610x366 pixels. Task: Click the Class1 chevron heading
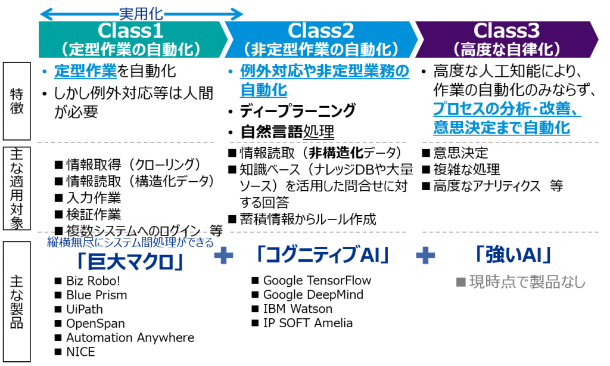pos(132,39)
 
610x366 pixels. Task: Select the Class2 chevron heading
pos(321,39)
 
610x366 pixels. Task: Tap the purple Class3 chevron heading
pos(506,39)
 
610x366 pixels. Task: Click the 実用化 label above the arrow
pos(141,14)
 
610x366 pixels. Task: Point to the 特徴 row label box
pos(17,101)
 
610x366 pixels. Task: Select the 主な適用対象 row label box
pos(17,188)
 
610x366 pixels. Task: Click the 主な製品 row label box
pos(17,302)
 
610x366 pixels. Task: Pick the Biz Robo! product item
pos(93,281)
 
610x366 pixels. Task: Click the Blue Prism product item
pos(97,295)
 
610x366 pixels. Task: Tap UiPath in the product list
pos(85,309)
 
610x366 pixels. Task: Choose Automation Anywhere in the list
pos(130,337)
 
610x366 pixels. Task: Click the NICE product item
pos(80,352)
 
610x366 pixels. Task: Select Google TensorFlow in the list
pos(317,280)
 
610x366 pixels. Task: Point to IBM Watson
pos(298,309)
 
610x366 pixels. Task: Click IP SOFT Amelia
pos(308,322)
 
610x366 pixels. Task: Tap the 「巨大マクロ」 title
pos(130,262)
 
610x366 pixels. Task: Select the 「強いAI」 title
pos(513,255)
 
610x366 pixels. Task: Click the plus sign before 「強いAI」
pos(425,256)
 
